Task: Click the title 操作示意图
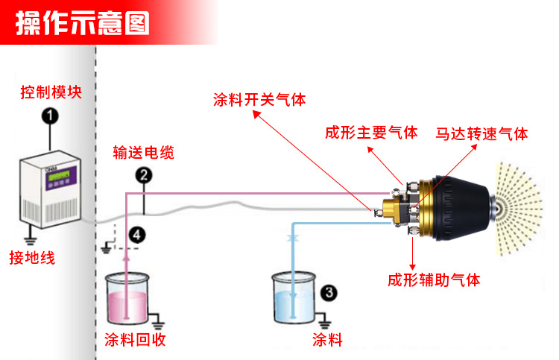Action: pyautogui.click(x=83, y=23)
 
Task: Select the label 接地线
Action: pyautogui.click(x=32, y=258)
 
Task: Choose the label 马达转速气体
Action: pyautogui.click(x=482, y=134)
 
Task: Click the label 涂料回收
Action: pyautogui.click(x=134, y=341)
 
